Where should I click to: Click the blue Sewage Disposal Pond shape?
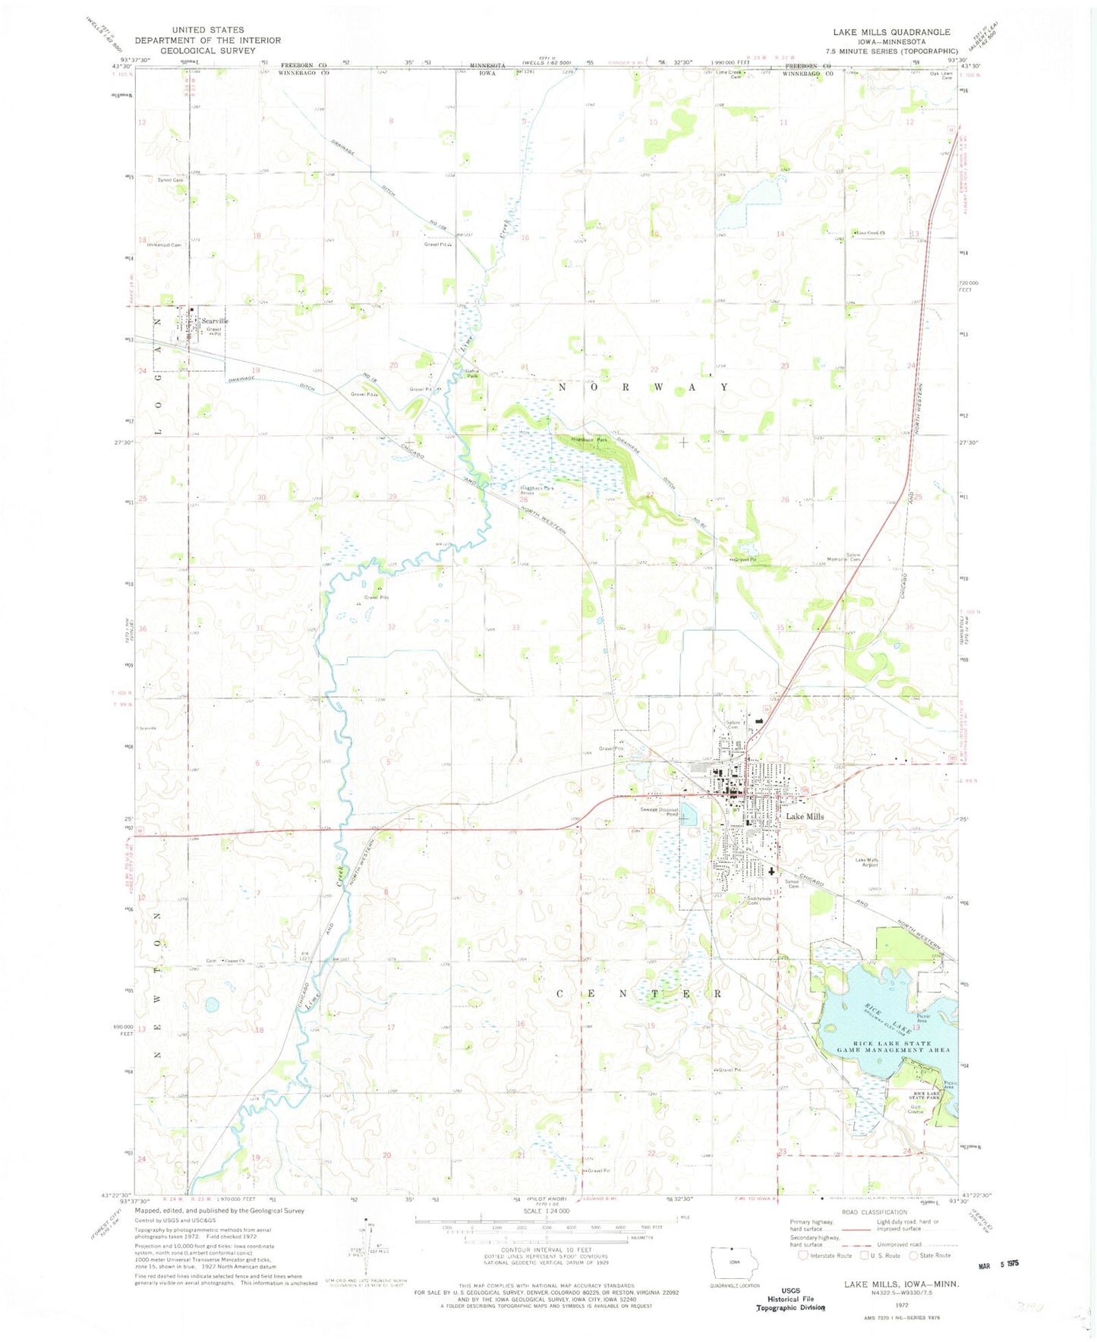pos(688,815)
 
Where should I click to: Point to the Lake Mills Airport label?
pos(867,863)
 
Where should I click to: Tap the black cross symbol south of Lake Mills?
pos(771,873)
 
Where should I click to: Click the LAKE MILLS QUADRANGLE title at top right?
pos(891,32)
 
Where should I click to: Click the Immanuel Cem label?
pos(165,245)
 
